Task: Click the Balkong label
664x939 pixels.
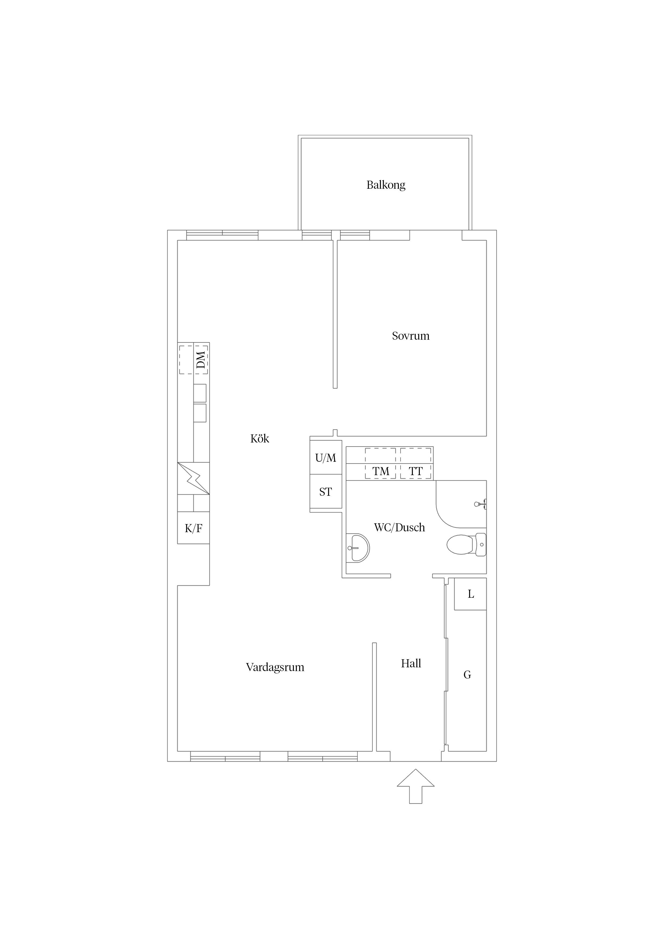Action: pyautogui.click(x=386, y=185)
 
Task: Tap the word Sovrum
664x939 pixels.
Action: pyautogui.click(x=411, y=336)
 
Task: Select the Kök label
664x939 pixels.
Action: pyautogui.click(x=260, y=438)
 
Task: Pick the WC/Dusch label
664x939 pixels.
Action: pyautogui.click(x=399, y=528)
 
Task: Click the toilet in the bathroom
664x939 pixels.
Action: pyautogui.click(x=466, y=544)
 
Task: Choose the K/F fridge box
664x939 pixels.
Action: pyautogui.click(x=194, y=528)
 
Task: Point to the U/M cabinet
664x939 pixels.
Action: pyautogui.click(x=326, y=457)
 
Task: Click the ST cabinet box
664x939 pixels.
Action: pyautogui.click(x=326, y=491)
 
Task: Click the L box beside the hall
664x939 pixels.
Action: pyautogui.click(x=470, y=594)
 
